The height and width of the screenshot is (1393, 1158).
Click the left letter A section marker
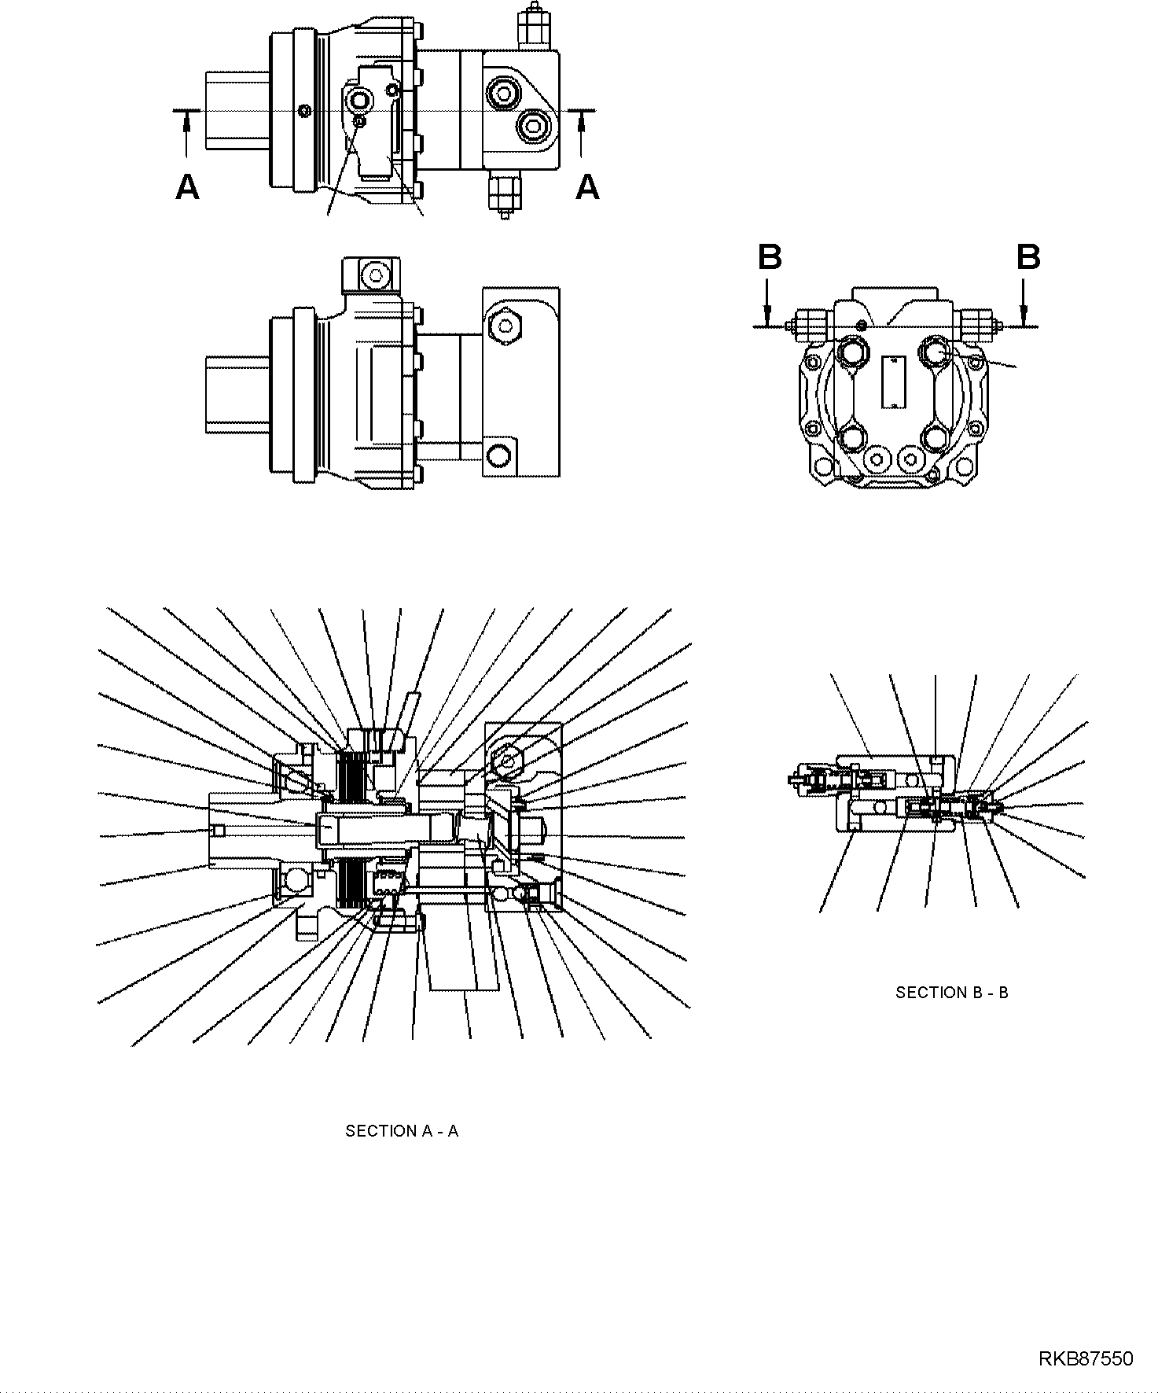coord(187,188)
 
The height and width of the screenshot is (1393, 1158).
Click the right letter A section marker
coord(587,188)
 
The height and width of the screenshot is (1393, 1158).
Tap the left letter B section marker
coord(770,257)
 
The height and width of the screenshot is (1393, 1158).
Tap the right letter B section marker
coord(1028,257)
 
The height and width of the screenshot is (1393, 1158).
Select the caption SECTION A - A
coord(402,1131)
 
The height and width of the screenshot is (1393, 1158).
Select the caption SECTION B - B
coord(951,993)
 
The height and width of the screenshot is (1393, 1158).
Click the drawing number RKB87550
coord(1086,1358)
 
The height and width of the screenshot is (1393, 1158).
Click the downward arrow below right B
coord(1023,303)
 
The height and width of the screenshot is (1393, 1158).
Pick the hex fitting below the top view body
coord(503,193)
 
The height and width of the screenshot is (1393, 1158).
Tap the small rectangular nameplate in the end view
coord(894,381)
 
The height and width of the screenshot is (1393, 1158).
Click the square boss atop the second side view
coord(370,276)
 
